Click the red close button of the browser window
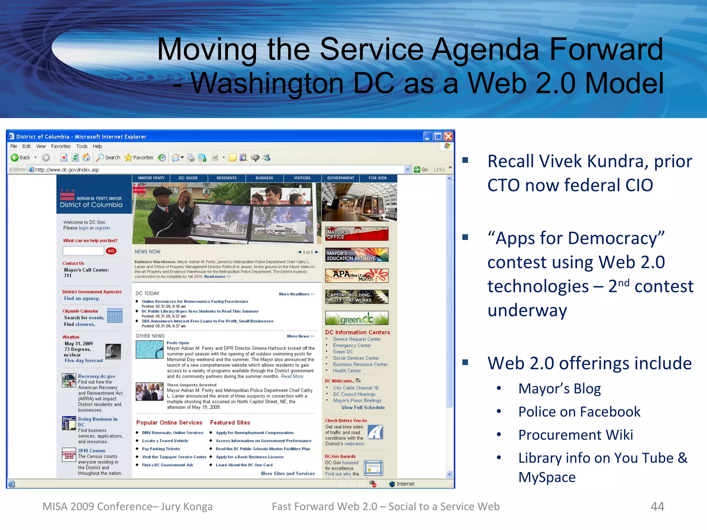tap(448, 136)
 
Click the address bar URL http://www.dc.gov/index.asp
tap(67, 170)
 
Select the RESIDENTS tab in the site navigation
tap(226, 178)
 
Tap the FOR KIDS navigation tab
tap(377, 178)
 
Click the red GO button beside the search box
tap(111, 251)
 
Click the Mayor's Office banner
tap(357, 234)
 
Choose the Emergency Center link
tap(352, 345)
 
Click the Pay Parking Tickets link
tap(161, 449)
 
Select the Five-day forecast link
tap(84, 361)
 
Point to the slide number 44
tap(657, 507)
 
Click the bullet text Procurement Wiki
tap(575, 435)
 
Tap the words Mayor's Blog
tap(559, 389)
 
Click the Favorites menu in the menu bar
tap(61, 146)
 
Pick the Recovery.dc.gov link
tap(97, 376)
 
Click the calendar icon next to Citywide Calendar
tap(115, 316)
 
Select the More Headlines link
tap(297, 294)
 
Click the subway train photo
tap(359, 202)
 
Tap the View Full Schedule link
tap(363, 408)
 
